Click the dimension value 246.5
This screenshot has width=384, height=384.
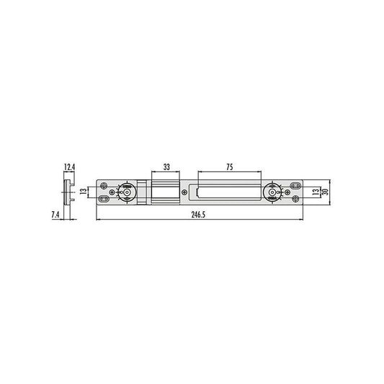pos(198,215)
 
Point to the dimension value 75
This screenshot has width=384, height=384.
pos(230,167)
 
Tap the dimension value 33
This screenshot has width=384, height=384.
pos(166,167)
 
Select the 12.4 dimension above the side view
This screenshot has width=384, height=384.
pos(69,167)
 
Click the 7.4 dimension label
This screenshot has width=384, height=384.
pos(55,215)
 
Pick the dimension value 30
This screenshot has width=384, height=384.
pos(325,192)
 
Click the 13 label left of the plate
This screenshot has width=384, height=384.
pos(84,192)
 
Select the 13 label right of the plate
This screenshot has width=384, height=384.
pos(316,192)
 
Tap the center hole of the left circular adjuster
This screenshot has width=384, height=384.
pos(127,192)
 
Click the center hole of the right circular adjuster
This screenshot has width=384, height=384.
pos(272,192)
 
